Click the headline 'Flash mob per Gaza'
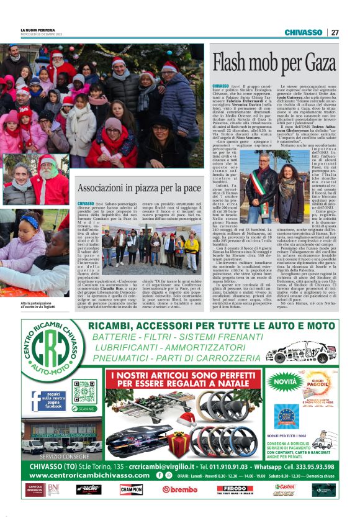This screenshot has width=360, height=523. (x=274, y=63)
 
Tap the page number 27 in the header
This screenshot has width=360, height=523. (x=335, y=32)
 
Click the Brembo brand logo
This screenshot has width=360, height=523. (x=179, y=489)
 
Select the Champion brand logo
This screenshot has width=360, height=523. (x=131, y=489)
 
